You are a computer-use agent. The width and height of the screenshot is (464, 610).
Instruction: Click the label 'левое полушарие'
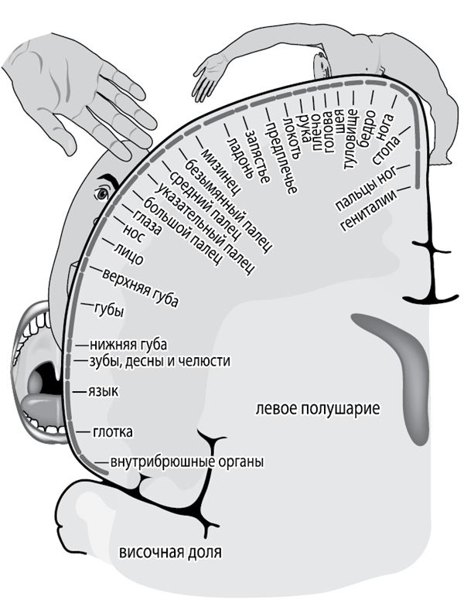pos(317,407)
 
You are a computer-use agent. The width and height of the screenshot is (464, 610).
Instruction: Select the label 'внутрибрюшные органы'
pos(186,462)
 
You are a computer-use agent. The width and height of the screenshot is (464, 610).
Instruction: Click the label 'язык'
pos(102,392)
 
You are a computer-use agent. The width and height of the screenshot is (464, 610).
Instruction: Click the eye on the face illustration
pos(101,193)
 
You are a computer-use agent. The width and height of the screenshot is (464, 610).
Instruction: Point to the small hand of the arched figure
pos(206,77)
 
